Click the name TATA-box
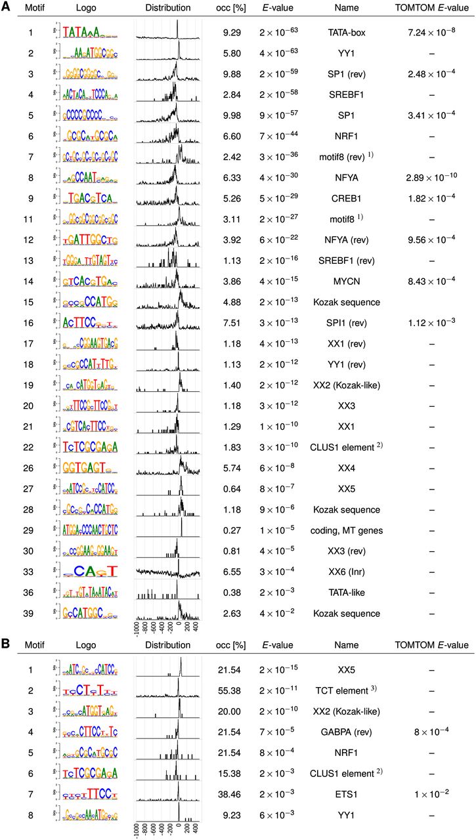(347, 31)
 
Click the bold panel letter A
(6, 9)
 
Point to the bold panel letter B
(6, 645)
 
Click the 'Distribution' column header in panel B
(168, 646)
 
